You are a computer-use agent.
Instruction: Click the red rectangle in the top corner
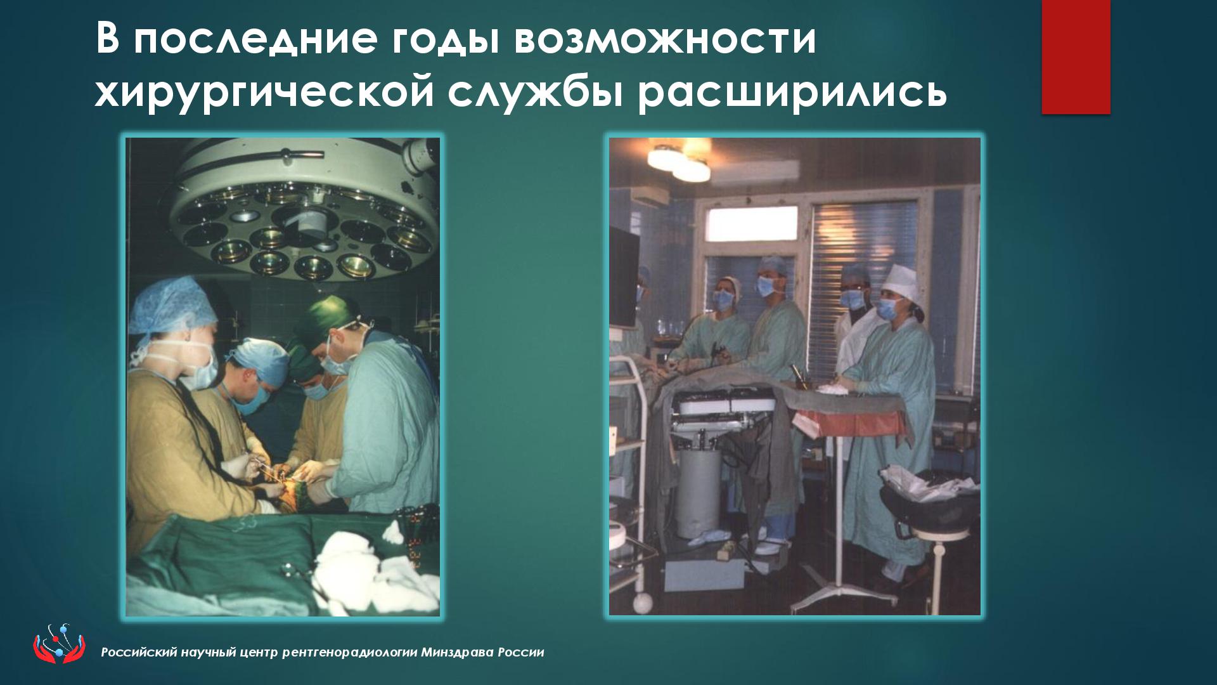(x=1076, y=57)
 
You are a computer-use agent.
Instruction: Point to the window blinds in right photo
(x=865, y=254)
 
